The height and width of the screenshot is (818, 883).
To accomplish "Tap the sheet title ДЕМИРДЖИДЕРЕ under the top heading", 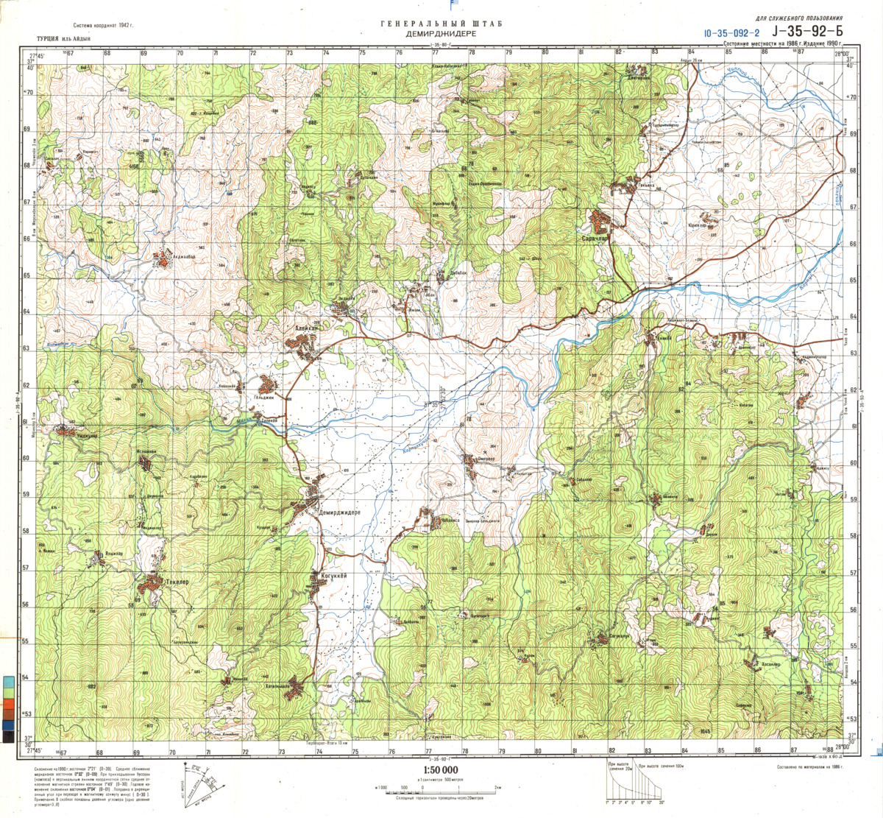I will coord(441,35).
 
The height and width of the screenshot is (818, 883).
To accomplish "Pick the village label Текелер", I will coord(177,582).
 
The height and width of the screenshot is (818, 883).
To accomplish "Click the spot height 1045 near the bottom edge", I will coord(704,730).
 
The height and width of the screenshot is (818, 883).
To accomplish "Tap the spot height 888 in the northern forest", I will coord(312,122).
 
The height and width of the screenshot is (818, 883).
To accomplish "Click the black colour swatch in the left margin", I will coord(7,736).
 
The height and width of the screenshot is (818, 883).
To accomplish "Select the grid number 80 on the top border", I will coord(545,52).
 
